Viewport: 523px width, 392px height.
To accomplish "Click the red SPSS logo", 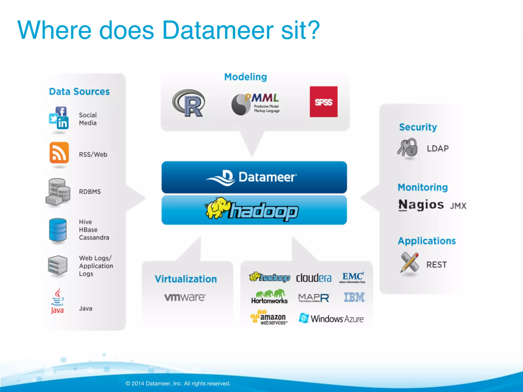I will (x=323, y=102).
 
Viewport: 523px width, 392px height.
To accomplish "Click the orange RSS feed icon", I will (x=59, y=152).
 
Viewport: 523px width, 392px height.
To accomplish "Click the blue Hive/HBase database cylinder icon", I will (x=58, y=230).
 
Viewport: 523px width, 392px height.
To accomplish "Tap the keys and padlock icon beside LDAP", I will (x=408, y=148).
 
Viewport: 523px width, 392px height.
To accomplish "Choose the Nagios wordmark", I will (x=421, y=205).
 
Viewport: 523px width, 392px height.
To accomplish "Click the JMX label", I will (x=458, y=206).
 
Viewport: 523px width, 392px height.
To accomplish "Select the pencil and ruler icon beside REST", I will (x=410, y=263).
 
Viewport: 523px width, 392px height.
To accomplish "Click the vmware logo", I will (x=185, y=297).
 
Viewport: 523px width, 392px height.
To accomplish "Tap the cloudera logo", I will (x=314, y=278).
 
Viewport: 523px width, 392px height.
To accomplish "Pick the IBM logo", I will (x=354, y=297).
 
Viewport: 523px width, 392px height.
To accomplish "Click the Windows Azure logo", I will (x=331, y=318).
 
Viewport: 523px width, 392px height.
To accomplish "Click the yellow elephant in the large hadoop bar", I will (x=217, y=208).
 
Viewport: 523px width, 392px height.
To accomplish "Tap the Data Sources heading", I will (x=79, y=92).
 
